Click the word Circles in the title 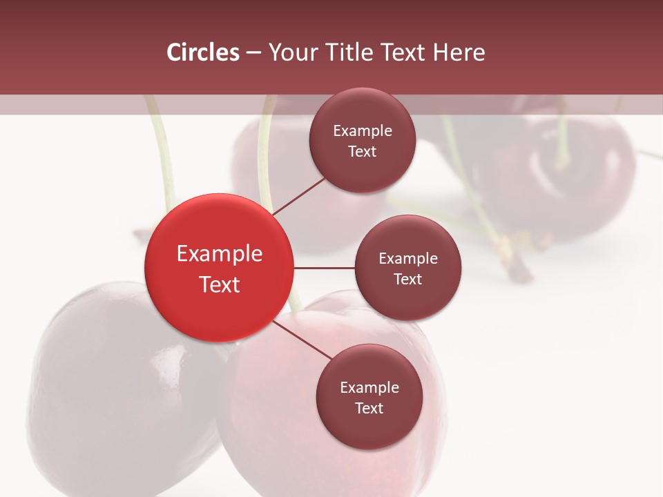[x=202, y=52]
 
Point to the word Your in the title [x=290, y=52]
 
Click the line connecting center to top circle [x=299, y=196]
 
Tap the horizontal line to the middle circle [x=325, y=268]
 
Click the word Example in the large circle [x=219, y=254]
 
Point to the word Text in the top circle [x=362, y=151]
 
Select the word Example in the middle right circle [x=407, y=259]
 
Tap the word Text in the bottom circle [x=369, y=408]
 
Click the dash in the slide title [x=253, y=53]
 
